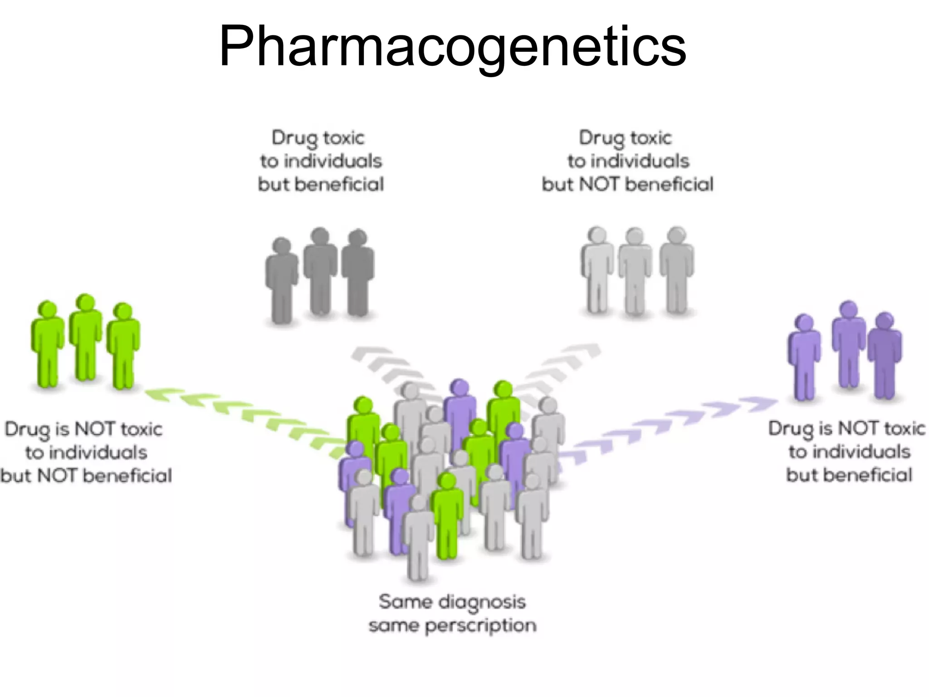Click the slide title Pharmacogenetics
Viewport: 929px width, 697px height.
(x=452, y=47)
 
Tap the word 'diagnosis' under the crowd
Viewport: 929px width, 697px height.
(x=483, y=603)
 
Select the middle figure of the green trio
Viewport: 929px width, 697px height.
(x=85, y=338)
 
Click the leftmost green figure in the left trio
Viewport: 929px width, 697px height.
(x=47, y=345)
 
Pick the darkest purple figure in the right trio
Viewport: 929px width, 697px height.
(x=885, y=356)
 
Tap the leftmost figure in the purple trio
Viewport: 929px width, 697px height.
(x=804, y=358)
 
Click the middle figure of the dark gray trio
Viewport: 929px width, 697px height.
(x=320, y=272)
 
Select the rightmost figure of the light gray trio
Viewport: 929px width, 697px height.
(x=676, y=270)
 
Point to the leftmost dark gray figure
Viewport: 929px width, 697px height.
(x=282, y=281)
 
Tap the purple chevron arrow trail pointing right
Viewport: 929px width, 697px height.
(x=671, y=424)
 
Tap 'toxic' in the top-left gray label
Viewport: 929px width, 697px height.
(x=344, y=137)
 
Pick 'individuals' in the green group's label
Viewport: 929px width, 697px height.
(x=86, y=453)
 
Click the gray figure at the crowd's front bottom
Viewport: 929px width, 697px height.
(x=418, y=540)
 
